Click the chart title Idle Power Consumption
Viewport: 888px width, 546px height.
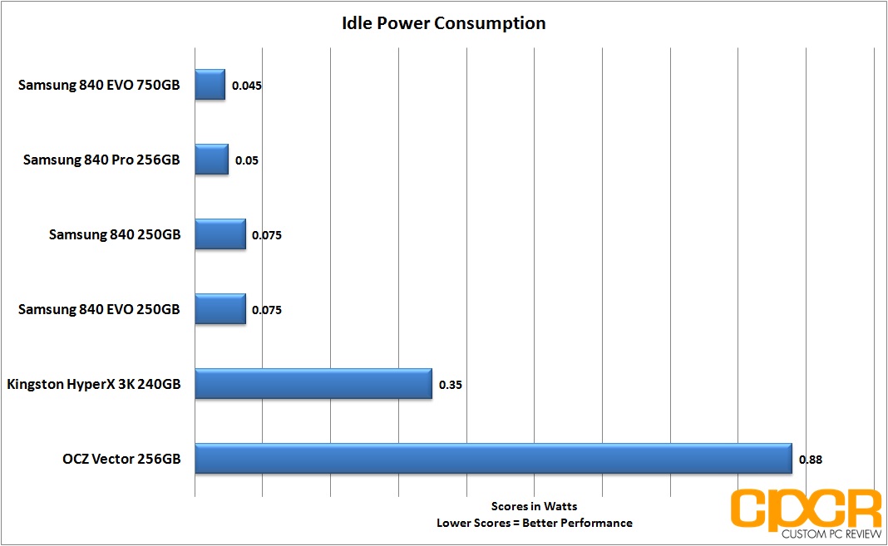[443, 23]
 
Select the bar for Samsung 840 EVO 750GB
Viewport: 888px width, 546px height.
[210, 84]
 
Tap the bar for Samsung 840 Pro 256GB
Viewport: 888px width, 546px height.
[212, 159]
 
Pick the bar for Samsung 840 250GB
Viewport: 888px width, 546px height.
[220, 234]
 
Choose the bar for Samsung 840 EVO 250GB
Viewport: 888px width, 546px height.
[220, 309]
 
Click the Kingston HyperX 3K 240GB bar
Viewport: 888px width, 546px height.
[313, 384]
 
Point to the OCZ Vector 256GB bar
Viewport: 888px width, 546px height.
[494, 458]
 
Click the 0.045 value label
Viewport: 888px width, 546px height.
[247, 86]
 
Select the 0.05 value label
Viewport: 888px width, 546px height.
[247, 160]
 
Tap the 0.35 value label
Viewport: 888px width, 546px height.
[450, 385]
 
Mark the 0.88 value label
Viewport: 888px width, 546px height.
[811, 460]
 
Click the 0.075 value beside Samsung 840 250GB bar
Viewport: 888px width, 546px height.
[267, 235]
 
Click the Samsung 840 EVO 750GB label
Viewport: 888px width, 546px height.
[99, 85]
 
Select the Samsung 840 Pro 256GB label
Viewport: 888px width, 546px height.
[101, 160]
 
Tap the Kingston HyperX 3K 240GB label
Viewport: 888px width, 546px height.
[93, 384]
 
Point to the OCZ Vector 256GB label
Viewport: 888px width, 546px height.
[121, 459]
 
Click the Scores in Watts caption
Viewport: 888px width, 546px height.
[534, 506]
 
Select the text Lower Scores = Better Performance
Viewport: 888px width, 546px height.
[534, 523]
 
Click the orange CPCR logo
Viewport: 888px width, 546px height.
[806, 509]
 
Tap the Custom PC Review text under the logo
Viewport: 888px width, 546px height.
[831, 534]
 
